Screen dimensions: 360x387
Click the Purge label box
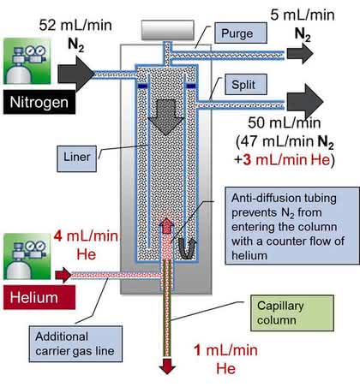tap(241, 33)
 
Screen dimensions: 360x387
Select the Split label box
tap(246, 85)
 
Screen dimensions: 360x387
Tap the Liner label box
tap(76, 158)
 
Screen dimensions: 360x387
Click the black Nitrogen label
tap(39, 102)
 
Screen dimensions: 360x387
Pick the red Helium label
tap(39, 297)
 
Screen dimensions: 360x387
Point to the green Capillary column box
tap(292, 313)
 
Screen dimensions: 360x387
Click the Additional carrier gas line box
tap(75, 344)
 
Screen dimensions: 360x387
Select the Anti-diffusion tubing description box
tap(292, 226)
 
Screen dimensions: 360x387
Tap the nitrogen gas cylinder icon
tap(27, 61)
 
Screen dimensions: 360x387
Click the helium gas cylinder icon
tap(27, 256)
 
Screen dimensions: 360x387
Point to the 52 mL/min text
tap(75, 25)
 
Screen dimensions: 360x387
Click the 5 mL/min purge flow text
tap(303, 15)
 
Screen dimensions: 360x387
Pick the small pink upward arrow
tap(166, 226)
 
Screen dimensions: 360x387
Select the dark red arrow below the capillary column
tap(167, 366)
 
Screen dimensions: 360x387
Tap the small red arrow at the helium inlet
tap(63, 275)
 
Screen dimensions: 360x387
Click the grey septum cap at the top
tap(168, 30)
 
